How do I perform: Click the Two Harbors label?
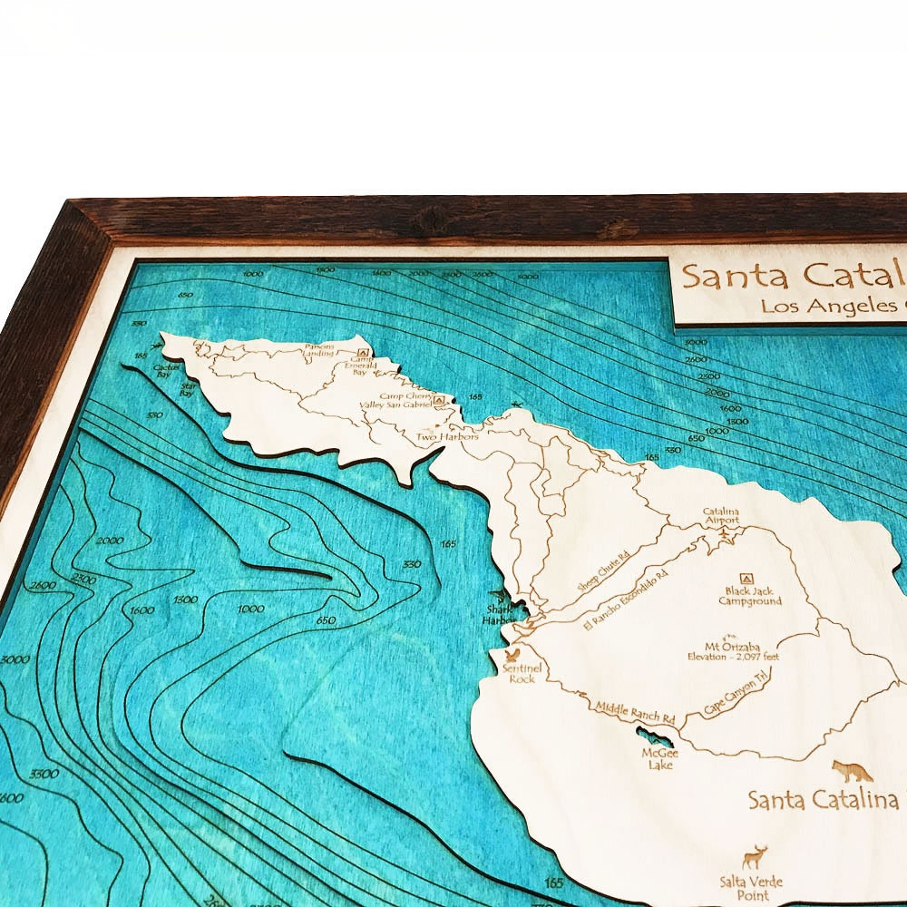coord(440,437)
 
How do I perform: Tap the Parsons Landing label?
coord(318,351)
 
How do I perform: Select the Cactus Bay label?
coord(163,370)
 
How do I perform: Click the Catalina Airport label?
coord(721,516)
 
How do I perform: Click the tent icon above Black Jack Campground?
coord(746,578)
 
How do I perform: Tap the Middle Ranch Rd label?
coord(634,712)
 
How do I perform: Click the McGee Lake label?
coord(658,758)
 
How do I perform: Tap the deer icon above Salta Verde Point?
coord(755,856)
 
